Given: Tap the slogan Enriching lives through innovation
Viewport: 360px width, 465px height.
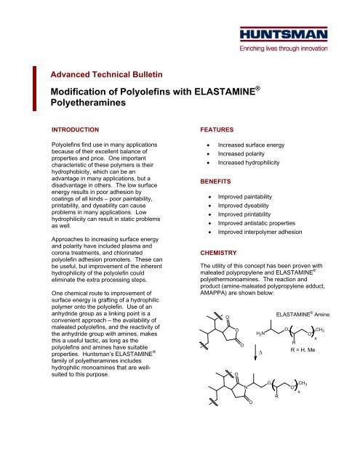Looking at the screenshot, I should (300, 49).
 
